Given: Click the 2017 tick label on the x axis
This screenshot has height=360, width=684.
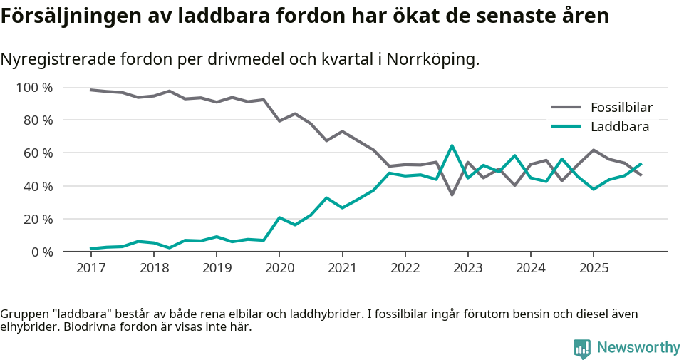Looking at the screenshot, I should click(x=90, y=268).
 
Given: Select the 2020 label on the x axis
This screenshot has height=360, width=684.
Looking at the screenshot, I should click(x=279, y=268).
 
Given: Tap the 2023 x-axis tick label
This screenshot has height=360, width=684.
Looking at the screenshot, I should click(x=468, y=268).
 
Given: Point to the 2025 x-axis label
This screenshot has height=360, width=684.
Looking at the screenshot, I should click(x=594, y=268).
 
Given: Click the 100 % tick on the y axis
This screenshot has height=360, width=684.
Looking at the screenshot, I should click(x=35, y=88).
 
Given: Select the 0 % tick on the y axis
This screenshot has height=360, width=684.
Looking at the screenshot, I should click(x=42, y=252).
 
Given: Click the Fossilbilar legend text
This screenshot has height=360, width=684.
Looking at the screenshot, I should click(x=621, y=108).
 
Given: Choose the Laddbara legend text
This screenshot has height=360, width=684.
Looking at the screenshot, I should click(x=619, y=127).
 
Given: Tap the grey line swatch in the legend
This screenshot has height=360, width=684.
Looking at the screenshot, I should click(x=566, y=108).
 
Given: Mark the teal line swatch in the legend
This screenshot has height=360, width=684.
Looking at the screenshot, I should click(x=566, y=127).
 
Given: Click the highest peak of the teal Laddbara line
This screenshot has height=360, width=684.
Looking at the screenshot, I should click(x=452, y=146).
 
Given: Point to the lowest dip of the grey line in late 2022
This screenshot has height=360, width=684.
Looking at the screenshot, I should click(x=452, y=194).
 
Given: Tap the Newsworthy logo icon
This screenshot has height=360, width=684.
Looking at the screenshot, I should click(x=581, y=348).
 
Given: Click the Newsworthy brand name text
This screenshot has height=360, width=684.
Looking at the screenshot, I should click(x=638, y=348).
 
